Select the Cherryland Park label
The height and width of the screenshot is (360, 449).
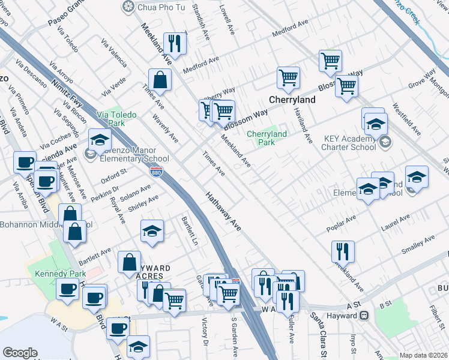pyautogui.click(x=267, y=138)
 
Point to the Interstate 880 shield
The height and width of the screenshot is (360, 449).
pyautogui.click(x=157, y=171)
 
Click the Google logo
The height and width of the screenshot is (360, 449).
pyautogui.click(x=20, y=353)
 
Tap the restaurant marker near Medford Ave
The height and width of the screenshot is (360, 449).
pyautogui.click(x=175, y=43)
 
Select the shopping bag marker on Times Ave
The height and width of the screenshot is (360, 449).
pyautogui.click(x=160, y=79)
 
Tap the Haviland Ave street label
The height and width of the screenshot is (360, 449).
pyautogui.click(x=304, y=125)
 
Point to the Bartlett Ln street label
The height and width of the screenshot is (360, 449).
pyautogui.click(x=190, y=230)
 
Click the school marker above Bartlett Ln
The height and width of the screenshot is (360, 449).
pyautogui.click(x=152, y=230)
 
